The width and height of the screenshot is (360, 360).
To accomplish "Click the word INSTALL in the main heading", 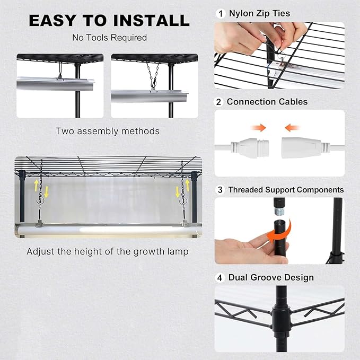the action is point(152,21).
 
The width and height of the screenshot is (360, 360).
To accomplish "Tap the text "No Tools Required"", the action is point(110,38).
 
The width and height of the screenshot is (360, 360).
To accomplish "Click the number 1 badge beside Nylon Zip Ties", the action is point(221,14).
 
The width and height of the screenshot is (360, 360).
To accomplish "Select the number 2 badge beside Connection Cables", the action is point(218,102).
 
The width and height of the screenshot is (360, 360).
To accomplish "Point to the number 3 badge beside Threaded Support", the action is point(220,190).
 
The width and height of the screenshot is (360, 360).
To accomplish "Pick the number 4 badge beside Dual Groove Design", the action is point(219,278).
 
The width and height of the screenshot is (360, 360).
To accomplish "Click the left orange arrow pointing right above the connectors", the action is point(259,128).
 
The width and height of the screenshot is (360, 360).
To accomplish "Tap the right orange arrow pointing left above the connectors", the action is point(292,128).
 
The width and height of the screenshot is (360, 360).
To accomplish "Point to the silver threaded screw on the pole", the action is point(279,211).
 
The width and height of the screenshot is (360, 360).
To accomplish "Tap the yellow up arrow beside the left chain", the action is point(36,186).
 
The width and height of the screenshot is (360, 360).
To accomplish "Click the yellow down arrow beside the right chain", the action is point(177,192).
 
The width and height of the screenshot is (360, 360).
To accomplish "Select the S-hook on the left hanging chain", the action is point(41,200).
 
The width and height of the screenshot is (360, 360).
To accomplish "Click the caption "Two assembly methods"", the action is point(108,131).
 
